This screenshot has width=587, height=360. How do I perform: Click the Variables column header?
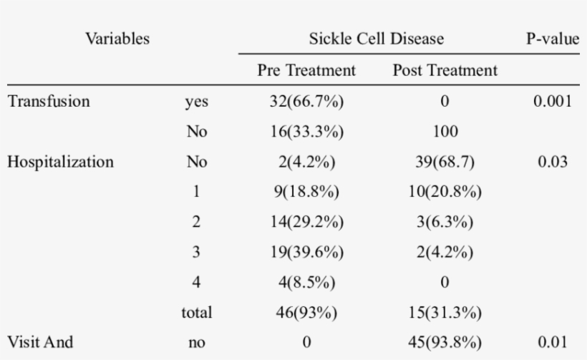[117, 39]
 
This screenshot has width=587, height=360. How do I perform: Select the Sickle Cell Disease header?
[376, 39]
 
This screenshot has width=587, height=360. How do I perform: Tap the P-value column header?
[552, 39]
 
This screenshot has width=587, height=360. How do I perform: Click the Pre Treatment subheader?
[306, 72]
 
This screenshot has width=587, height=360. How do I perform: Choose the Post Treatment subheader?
[445, 72]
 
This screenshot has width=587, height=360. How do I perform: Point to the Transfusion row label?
[49, 102]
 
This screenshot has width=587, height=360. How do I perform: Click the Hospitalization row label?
[60, 162]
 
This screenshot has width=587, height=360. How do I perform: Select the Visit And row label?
[40, 342]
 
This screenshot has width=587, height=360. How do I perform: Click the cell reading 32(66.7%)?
[306, 102]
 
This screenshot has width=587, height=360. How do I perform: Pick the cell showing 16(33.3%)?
[306, 132]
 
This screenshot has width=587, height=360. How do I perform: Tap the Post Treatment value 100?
[445, 132]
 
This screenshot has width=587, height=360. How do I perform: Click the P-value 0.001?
[552, 102]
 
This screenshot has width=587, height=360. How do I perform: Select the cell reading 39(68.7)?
[445, 162]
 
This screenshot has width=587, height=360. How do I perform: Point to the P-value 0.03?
[552, 162]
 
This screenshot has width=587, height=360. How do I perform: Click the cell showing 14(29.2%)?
[306, 222]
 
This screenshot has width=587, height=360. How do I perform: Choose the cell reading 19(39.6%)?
[306, 252]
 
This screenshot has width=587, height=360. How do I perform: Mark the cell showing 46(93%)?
[306, 312]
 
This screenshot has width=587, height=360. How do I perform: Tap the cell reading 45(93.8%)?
[445, 342]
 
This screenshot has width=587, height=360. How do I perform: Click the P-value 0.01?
[552, 342]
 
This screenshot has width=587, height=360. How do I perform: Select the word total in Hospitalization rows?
[197, 312]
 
